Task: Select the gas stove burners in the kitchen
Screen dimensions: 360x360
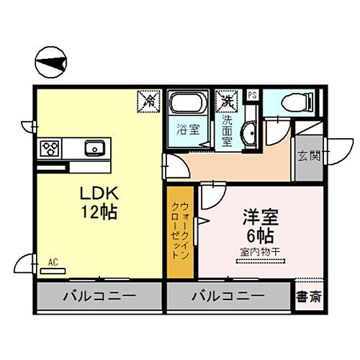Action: click(51, 148)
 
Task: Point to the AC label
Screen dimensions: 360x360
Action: click(53, 263)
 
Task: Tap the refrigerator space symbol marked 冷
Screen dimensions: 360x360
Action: click(150, 102)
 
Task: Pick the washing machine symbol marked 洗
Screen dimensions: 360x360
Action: click(228, 101)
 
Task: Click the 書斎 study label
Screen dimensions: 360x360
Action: click(310, 296)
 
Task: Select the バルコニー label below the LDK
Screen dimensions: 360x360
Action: click(99, 296)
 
